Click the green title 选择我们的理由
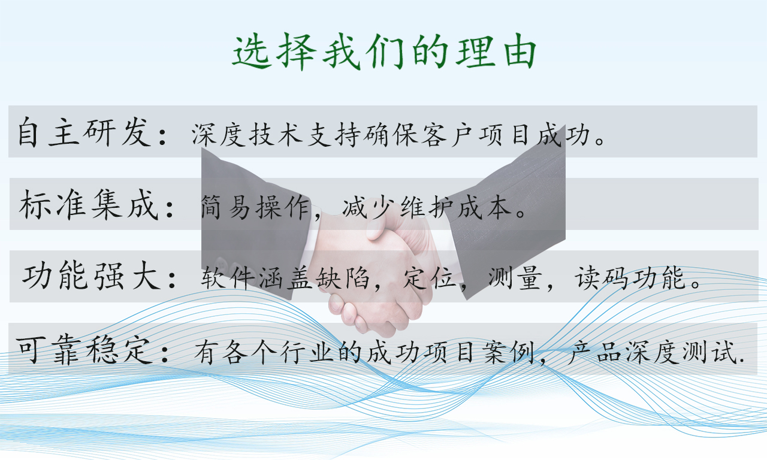pos(384,52)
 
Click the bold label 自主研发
pos(84,132)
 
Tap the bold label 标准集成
pos(89,205)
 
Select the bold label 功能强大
pos(92,276)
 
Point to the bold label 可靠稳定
pos(84,350)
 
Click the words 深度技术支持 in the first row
pos(276,135)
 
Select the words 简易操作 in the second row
pos(255,207)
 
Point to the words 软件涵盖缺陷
pos(285,277)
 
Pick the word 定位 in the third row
pos(430,277)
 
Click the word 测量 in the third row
pos(515,277)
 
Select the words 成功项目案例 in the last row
pos(449,352)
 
